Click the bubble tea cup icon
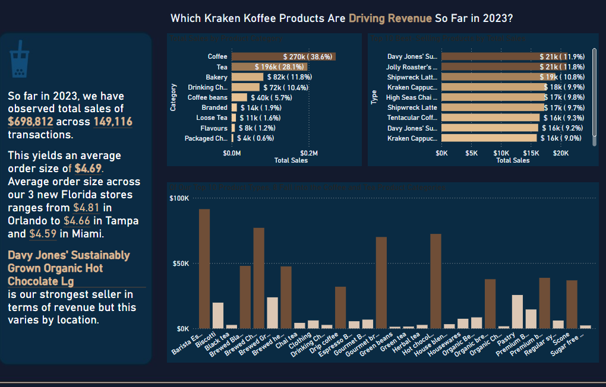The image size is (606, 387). [18, 59]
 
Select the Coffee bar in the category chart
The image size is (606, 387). [283, 56]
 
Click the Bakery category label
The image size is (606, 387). [216, 77]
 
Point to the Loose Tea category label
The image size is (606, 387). [212, 118]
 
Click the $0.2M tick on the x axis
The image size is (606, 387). [309, 153]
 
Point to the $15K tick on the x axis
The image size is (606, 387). [531, 153]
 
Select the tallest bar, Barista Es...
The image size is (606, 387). [204, 268]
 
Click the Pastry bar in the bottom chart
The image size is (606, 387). [517, 311]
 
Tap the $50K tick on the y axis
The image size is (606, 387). [179, 263]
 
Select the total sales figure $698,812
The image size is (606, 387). [30, 121]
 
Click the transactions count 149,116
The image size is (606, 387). [113, 121]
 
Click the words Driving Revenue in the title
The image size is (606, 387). [390, 18]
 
